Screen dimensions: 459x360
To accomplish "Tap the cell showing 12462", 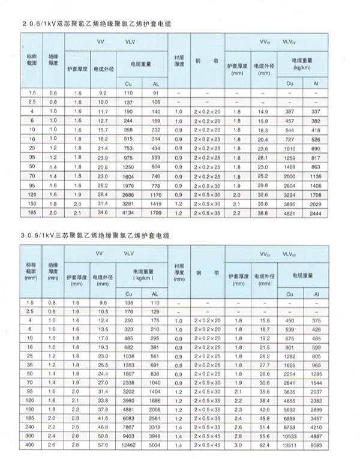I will tap(128, 446).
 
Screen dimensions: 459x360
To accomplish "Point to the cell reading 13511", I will tap(290, 446).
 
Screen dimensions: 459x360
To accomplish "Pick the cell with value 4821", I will tap(290, 213).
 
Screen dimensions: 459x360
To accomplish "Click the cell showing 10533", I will tap(290, 436).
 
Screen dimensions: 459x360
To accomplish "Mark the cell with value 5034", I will tap(155, 446).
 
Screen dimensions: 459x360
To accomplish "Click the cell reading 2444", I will tap(316, 213).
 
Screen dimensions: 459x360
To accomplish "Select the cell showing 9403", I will tap(128, 436).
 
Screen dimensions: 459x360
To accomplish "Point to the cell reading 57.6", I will tap(101, 446).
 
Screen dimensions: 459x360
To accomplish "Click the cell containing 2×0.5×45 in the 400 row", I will tap(207, 446).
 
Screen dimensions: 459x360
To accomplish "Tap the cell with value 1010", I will tap(290, 148).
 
